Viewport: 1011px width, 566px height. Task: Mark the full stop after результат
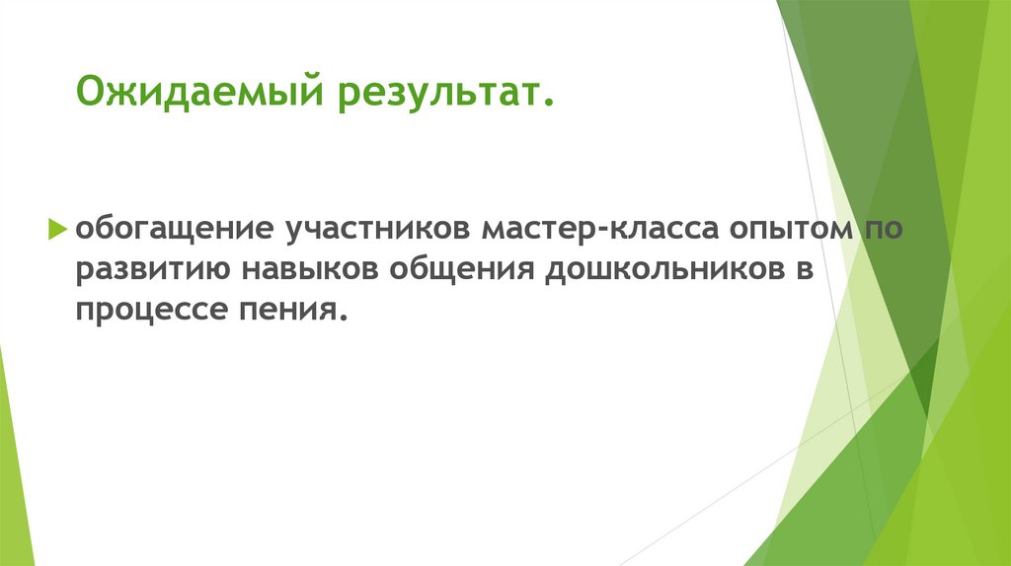pyautogui.click(x=548, y=104)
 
